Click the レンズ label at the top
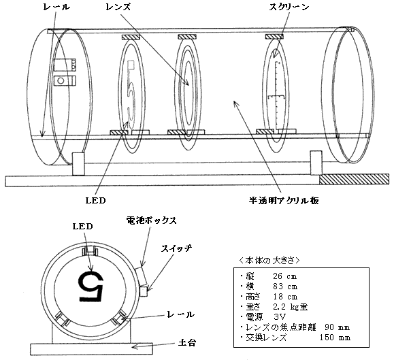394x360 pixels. click(x=118, y=7)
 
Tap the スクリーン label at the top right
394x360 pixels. click(x=289, y=7)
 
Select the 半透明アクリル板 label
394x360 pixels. click(x=284, y=200)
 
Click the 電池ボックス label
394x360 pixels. click(x=151, y=220)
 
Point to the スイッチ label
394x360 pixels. click(x=176, y=248)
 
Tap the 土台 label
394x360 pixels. click(x=187, y=343)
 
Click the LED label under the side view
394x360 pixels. click(x=95, y=201)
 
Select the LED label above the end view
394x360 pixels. click(x=82, y=227)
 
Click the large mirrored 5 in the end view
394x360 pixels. click(x=91, y=286)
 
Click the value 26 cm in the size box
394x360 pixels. click(x=284, y=276)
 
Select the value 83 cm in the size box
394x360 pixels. click(x=285, y=287)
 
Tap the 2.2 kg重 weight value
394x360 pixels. click(x=290, y=307)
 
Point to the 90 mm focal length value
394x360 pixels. click(x=337, y=327)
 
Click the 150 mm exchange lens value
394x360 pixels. click(x=335, y=337)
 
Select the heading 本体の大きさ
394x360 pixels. click(x=269, y=261)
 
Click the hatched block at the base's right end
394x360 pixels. click(x=354, y=179)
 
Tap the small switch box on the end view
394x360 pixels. click(x=144, y=292)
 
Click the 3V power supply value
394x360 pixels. click(x=280, y=317)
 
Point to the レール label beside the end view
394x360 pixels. click(x=180, y=314)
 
